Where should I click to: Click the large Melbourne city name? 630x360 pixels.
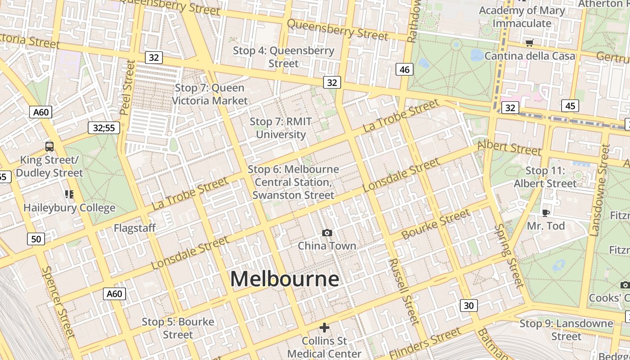pyautogui.click(x=284, y=279)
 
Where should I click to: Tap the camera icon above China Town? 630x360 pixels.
pyautogui.click(x=327, y=233)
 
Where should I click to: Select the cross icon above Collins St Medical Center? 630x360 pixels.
pyautogui.click(x=324, y=327)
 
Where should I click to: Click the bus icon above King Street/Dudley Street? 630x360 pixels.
pyautogui.click(x=49, y=146)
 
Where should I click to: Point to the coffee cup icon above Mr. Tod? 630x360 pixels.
pyautogui.click(x=546, y=213)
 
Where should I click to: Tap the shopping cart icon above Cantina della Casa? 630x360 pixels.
pyautogui.click(x=530, y=43)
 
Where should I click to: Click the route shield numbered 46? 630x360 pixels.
pyautogui.click(x=405, y=69)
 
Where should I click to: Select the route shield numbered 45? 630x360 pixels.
pyautogui.click(x=570, y=106)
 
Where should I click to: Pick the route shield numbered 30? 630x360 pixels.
pyautogui.click(x=468, y=306)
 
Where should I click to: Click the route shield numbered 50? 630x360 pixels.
pyautogui.click(x=36, y=239)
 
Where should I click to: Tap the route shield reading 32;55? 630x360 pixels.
pyautogui.click(x=104, y=128)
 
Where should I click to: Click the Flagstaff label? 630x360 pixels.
pyautogui.click(x=135, y=228)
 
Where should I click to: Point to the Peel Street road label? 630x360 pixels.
pyautogui.click(x=128, y=88)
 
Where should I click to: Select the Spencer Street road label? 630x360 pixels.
pyautogui.click(x=58, y=301)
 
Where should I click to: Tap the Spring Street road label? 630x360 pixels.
pyautogui.click(x=509, y=255)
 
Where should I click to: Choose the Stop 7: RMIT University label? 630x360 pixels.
pyautogui.click(x=281, y=128)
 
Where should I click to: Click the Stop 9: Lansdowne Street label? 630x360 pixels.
pyautogui.click(x=566, y=330)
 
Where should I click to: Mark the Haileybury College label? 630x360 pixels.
pyautogui.click(x=69, y=208)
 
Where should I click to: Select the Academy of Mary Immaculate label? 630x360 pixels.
pyautogui.click(x=522, y=17)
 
